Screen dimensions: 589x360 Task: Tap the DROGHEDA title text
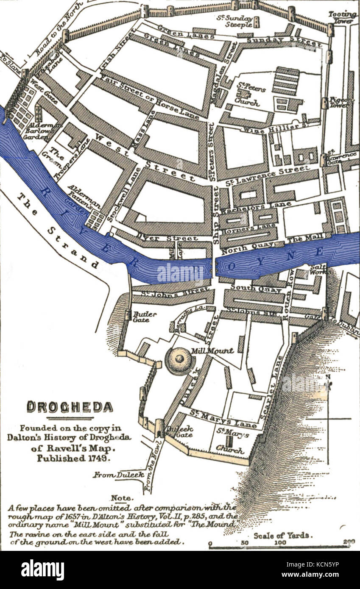tap(70, 407)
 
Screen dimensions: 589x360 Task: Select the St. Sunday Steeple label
tap(235, 21)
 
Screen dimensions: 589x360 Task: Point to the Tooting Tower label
tap(343, 17)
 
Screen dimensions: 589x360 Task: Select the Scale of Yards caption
tap(281, 535)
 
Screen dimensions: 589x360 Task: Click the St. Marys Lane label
tap(223, 419)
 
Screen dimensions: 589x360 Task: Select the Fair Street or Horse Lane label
tap(149, 95)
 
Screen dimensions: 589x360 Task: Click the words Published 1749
tap(73, 458)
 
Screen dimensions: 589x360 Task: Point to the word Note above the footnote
tap(122, 498)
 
